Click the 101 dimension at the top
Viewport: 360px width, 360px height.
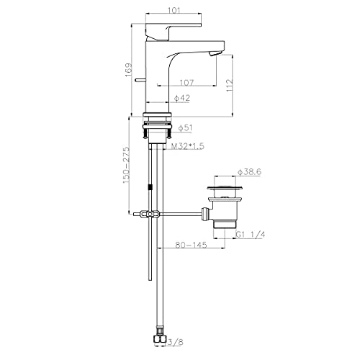pos(174,10)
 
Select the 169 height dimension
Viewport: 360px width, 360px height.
pos(129,70)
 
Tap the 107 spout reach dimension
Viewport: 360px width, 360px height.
pos(186,83)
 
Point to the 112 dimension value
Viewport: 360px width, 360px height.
pos(230,85)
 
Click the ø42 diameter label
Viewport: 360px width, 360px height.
pos(182,98)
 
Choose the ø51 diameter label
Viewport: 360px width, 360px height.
pos(185,127)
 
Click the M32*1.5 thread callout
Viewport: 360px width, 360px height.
pos(188,146)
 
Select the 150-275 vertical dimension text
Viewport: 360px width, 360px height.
pos(127,165)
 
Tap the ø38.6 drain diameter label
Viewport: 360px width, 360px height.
pos(249,172)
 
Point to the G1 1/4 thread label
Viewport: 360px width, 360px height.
pos(251,234)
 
